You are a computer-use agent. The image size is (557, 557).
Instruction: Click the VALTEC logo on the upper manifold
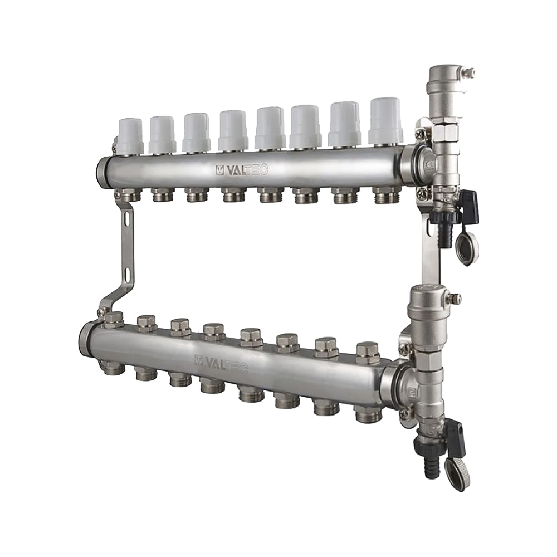click(241, 170)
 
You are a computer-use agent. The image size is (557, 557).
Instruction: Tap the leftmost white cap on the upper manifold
click(130, 135)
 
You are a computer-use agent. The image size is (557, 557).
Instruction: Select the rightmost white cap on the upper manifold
click(385, 120)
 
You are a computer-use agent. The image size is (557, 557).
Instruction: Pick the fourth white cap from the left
click(232, 130)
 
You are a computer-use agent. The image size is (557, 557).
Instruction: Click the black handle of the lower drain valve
click(455, 431)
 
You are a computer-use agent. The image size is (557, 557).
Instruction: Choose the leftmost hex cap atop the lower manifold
click(114, 319)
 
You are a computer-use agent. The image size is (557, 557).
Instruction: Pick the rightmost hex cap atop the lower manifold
click(368, 353)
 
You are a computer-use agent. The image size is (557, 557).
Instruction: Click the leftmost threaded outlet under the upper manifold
click(129, 194)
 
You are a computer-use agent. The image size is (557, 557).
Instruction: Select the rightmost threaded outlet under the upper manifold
click(386, 195)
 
